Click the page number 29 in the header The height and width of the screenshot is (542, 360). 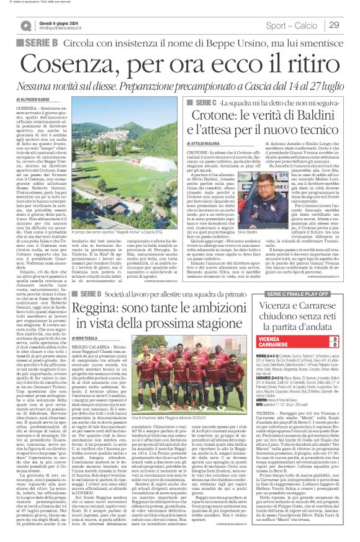334,25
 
